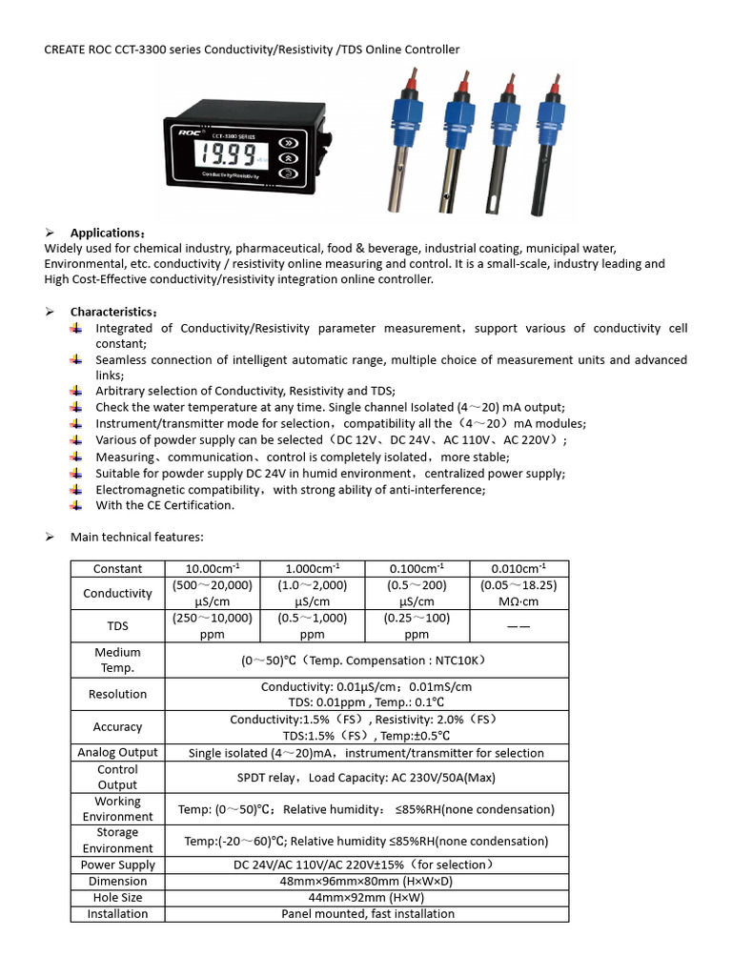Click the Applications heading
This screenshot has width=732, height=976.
click(x=108, y=234)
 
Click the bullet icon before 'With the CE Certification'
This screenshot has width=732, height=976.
click(x=76, y=505)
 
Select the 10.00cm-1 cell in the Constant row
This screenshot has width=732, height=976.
click(x=212, y=569)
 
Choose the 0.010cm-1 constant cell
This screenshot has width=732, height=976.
click(x=518, y=569)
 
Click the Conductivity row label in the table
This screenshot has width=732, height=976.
click(x=118, y=594)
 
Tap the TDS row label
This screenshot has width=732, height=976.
click(x=118, y=626)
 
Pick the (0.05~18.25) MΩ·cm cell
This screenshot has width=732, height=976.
click(x=518, y=594)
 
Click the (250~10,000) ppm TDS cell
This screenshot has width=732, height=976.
click(x=212, y=626)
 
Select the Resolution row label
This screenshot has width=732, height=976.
click(x=118, y=695)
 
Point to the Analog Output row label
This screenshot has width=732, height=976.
click(x=118, y=753)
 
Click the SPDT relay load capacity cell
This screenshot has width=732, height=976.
click(x=367, y=778)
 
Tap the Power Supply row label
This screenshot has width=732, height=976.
click(x=118, y=865)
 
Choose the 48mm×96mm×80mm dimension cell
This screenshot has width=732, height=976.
click(x=367, y=882)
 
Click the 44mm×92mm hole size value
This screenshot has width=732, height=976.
click(x=367, y=898)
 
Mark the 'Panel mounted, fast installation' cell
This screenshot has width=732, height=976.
click(x=367, y=914)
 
